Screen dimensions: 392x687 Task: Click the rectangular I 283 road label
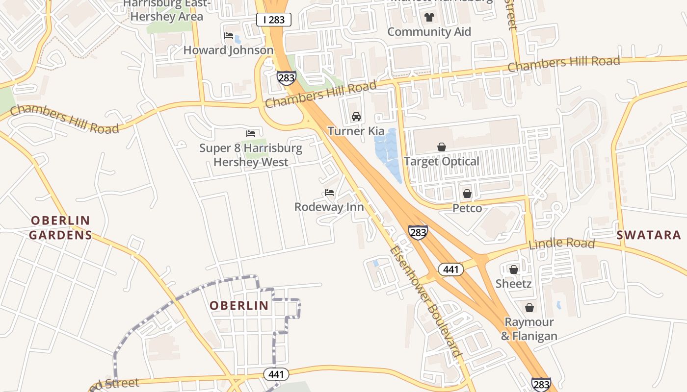click(x=274, y=20)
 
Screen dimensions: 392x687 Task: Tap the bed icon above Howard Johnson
click(x=229, y=36)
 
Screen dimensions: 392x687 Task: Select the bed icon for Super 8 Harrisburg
click(x=251, y=133)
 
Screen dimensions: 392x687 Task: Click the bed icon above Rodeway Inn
click(x=329, y=193)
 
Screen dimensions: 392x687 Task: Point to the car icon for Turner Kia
click(x=356, y=117)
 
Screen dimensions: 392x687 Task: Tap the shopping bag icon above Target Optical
click(x=442, y=147)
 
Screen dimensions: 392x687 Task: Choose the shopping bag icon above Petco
click(x=467, y=194)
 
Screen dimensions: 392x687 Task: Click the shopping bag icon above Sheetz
click(x=514, y=269)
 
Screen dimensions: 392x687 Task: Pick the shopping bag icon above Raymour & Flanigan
click(x=529, y=308)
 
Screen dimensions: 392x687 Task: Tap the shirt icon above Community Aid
click(x=429, y=18)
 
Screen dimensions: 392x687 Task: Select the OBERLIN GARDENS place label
click(x=60, y=228)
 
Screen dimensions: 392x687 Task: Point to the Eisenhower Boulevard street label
click(x=426, y=301)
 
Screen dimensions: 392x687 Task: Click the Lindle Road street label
click(x=562, y=243)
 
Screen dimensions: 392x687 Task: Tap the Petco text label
click(x=467, y=208)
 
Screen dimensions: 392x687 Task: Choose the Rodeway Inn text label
click(x=329, y=207)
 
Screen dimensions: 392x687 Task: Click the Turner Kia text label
click(x=356, y=131)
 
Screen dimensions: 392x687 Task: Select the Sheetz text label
click(x=514, y=284)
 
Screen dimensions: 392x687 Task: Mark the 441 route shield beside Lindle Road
click(x=450, y=269)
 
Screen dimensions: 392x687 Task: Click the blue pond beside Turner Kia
click(x=388, y=152)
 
